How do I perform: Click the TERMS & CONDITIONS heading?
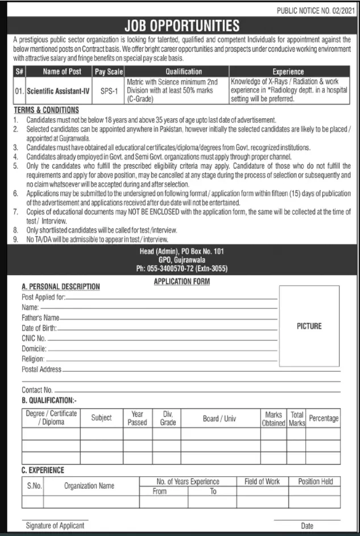tap(47, 110)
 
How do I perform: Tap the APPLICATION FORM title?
tap(182, 281)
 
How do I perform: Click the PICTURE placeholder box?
tap(309, 326)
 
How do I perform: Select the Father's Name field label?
tap(40, 318)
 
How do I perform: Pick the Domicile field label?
tap(34, 348)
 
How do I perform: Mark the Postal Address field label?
tap(42, 369)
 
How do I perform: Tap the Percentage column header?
tap(324, 418)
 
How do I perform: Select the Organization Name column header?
tap(89, 486)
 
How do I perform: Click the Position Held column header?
tap(316, 481)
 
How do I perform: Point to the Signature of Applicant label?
tap(55, 526)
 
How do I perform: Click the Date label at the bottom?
tap(308, 526)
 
